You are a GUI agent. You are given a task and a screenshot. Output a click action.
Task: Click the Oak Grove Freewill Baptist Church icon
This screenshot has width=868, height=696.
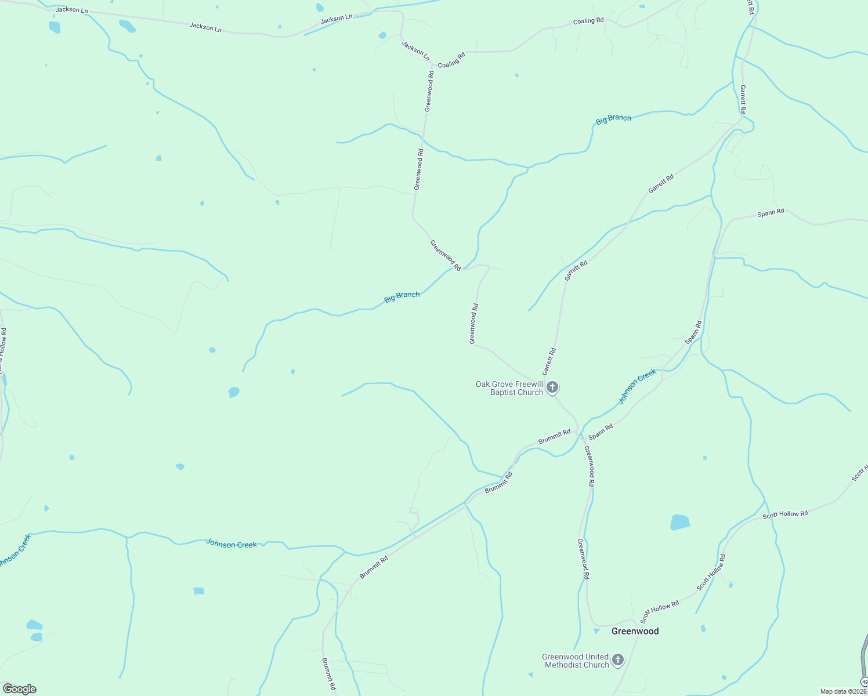click(552, 387)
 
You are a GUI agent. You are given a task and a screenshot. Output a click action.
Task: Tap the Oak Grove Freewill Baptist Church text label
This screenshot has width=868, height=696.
click(509, 388)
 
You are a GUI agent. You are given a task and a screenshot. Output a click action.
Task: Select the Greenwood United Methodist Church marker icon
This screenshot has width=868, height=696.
click(618, 660)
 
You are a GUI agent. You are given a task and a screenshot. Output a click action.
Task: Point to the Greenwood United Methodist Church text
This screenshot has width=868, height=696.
click(575, 661)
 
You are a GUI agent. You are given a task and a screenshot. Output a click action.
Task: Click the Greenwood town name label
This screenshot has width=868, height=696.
click(635, 631)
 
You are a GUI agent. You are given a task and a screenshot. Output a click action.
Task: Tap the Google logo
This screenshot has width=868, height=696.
click(19, 689)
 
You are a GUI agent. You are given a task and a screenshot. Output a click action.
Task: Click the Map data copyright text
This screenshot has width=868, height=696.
click(842, 691)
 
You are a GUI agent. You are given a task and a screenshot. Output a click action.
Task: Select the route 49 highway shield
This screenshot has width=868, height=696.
click(864, 681)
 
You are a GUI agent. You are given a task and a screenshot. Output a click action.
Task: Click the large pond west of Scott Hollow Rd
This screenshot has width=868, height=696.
click(680, 522)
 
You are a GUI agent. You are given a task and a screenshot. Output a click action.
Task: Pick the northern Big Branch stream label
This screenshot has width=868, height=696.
click(613, 119)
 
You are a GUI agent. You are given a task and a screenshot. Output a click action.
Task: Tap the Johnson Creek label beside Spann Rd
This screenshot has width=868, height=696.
click(636, 386)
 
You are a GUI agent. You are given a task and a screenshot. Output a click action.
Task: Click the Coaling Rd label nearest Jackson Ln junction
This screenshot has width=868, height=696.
click(451, 60)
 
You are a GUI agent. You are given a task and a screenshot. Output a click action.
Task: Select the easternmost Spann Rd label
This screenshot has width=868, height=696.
click(771, 213)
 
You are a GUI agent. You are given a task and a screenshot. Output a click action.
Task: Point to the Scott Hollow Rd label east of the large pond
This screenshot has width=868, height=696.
click(785, 514)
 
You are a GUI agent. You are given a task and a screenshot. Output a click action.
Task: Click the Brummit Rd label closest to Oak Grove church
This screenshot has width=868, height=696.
click(554, 437)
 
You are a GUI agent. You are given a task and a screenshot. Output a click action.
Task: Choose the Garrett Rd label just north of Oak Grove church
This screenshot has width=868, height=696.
click(549, 361)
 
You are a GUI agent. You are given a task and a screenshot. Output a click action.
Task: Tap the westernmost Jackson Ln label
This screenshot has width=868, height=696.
click(72, 10)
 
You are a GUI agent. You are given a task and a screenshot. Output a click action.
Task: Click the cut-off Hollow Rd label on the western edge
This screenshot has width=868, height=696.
click(3, 348)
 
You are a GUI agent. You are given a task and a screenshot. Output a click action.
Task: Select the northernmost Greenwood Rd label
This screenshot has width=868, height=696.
click(429, 91)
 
